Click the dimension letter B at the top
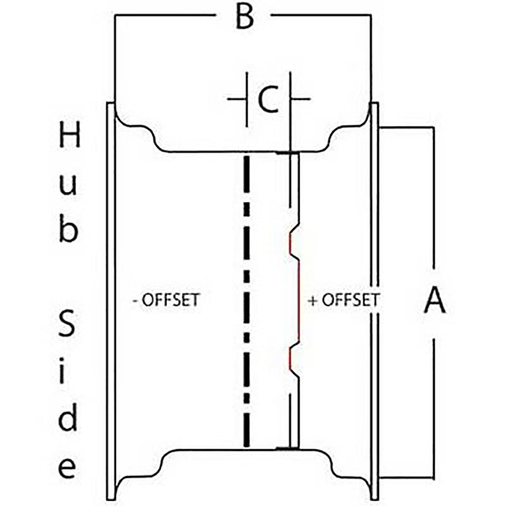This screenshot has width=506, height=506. (244, 17)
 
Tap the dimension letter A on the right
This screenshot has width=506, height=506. (435, 301)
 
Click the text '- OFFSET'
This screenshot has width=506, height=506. (166, 300)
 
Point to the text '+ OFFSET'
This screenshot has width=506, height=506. (344, 300)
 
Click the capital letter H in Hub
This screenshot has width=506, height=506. (69, 135)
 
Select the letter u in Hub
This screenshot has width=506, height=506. (68, 186)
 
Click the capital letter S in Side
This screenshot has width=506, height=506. (67, 324)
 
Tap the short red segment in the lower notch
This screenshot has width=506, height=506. (290, 359)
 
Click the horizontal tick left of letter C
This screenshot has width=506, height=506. (237, 99)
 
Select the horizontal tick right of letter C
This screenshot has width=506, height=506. (301, 99)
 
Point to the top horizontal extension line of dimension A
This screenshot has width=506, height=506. (407, 128)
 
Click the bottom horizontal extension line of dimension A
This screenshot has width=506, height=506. (407, 477)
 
